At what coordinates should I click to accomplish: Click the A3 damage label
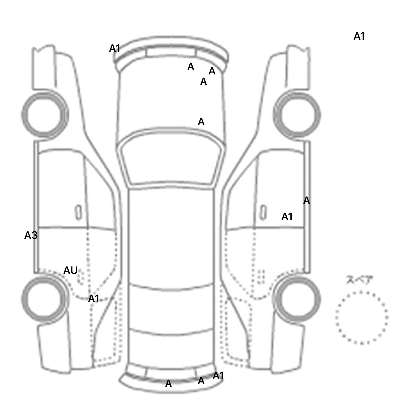[31, 235]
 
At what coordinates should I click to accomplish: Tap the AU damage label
[70, 270]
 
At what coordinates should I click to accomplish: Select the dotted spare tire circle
[362, 292]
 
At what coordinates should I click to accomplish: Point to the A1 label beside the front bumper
[115, 48]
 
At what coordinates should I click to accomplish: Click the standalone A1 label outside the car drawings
[359, 36]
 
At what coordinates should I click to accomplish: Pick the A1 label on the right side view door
[287, 217]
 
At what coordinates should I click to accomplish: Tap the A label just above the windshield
[201, 122]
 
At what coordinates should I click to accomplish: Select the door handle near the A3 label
[78, 213]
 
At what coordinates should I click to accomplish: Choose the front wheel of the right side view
[297, 115]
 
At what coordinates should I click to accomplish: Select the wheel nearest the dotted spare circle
[297, 298]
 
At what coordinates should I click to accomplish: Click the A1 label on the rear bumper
[218, 376]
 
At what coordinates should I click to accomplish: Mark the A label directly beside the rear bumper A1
[201, 381]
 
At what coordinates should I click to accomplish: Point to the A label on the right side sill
[307, 201]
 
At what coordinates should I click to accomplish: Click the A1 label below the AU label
[93, 298]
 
